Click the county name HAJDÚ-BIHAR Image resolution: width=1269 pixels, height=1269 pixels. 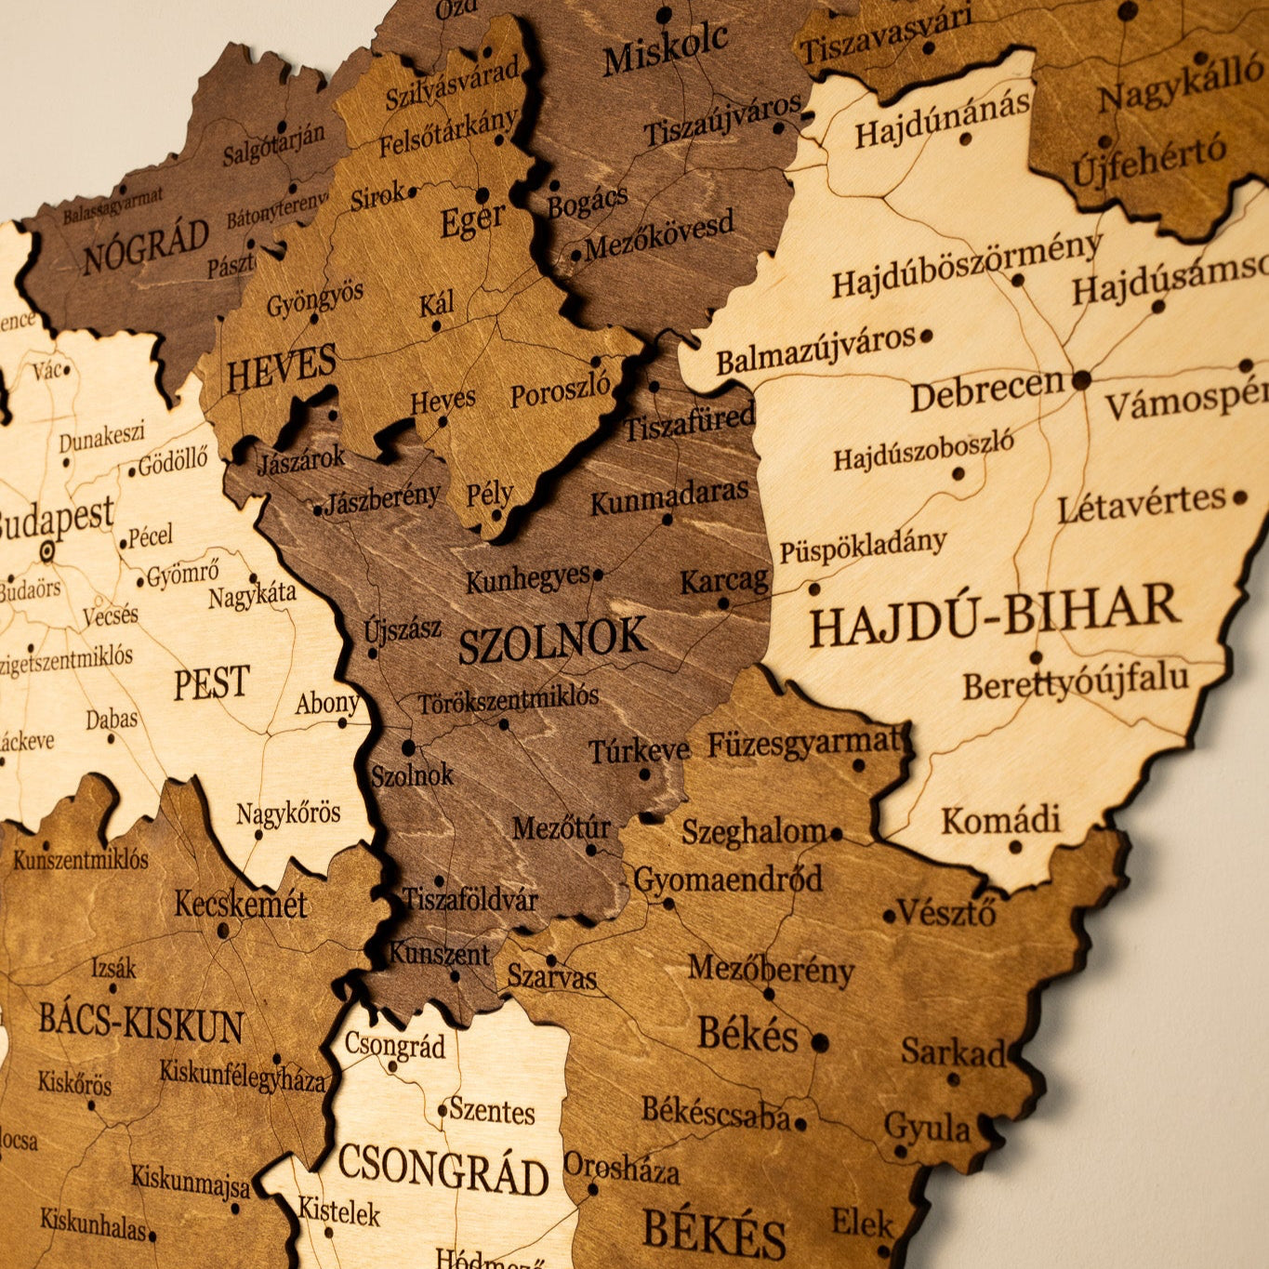click(x=993, y=615)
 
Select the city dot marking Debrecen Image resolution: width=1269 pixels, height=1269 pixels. click(x=1081, y=380)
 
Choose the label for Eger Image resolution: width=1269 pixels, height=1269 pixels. click(x=472, y=221)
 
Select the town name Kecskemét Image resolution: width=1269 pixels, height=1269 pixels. click(x=240, y=904)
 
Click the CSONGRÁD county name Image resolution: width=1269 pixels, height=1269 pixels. click(x=443, y=1171)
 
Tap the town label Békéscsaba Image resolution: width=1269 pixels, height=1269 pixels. click(x=715, y=1113)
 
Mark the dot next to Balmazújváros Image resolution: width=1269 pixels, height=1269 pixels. click(x=926, y=336)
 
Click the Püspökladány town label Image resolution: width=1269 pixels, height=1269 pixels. click(x=862, y=546)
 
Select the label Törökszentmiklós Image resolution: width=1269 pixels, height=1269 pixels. click(x=509, y=700)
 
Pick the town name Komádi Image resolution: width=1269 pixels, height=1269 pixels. click(x=1000, y=821)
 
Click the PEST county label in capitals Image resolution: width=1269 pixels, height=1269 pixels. click(x=212, y=683)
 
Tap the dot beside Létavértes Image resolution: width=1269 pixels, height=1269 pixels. click(x=1238, y=497)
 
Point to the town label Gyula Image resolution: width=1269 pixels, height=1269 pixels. click(x=927, y=1129)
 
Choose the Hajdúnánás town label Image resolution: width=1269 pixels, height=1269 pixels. click(x=942, y=119)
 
